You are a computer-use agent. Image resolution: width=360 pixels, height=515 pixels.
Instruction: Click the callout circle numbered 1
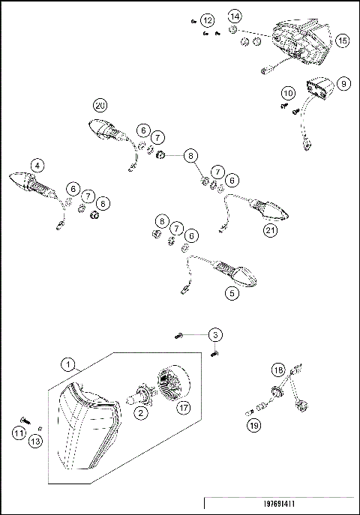point(69,365)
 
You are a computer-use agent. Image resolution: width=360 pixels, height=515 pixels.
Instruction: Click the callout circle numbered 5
point(232,294)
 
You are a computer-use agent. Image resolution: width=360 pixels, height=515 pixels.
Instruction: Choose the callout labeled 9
point(343,84)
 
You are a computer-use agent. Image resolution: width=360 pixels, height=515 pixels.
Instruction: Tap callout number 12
point(208,19)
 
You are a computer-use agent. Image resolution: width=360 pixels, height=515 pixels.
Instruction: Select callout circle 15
point(343,41)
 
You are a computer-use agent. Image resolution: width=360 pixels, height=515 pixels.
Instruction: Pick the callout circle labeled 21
point(270,231)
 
